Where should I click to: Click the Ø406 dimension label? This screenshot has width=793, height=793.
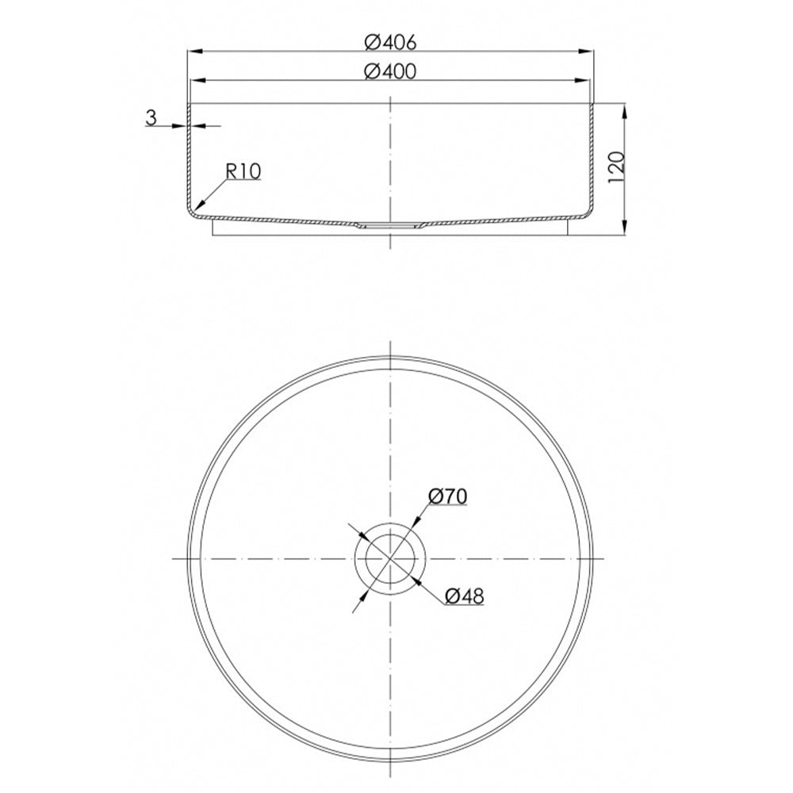coord(390,43)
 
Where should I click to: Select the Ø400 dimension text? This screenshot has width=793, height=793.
coord(390,71)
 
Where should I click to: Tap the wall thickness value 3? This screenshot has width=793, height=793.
coord(151,118)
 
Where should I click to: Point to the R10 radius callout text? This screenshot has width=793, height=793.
coord(243,172)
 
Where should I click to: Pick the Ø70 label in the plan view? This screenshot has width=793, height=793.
coord(447,496)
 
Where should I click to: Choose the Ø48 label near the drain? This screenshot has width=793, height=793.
coord(465,597)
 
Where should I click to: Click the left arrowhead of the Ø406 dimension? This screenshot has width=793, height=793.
coord(195,51)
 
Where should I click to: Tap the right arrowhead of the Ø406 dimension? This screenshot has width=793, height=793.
coord(586,51)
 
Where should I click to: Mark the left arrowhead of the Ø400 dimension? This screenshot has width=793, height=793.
coord(197,80)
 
